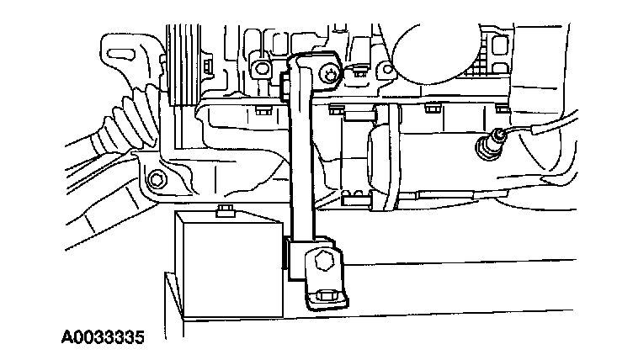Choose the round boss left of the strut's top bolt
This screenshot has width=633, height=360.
click(x=262, y=67)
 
